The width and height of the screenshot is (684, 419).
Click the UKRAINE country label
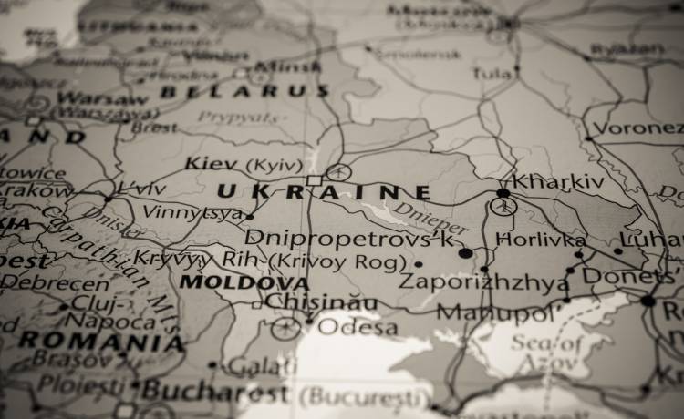point(323,192)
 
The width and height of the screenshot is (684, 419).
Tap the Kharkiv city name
point(557,182)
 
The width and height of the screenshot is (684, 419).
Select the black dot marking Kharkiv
point(503,193)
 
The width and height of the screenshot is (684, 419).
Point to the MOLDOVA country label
point(244,282)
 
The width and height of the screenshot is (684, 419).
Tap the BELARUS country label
point(244,91)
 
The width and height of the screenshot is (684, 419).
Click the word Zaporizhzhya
point(483,282)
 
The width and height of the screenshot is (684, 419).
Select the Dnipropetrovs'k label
point(349,239)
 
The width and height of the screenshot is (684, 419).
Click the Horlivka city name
point(541,240)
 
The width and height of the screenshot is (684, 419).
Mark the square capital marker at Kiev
point(314,180)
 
